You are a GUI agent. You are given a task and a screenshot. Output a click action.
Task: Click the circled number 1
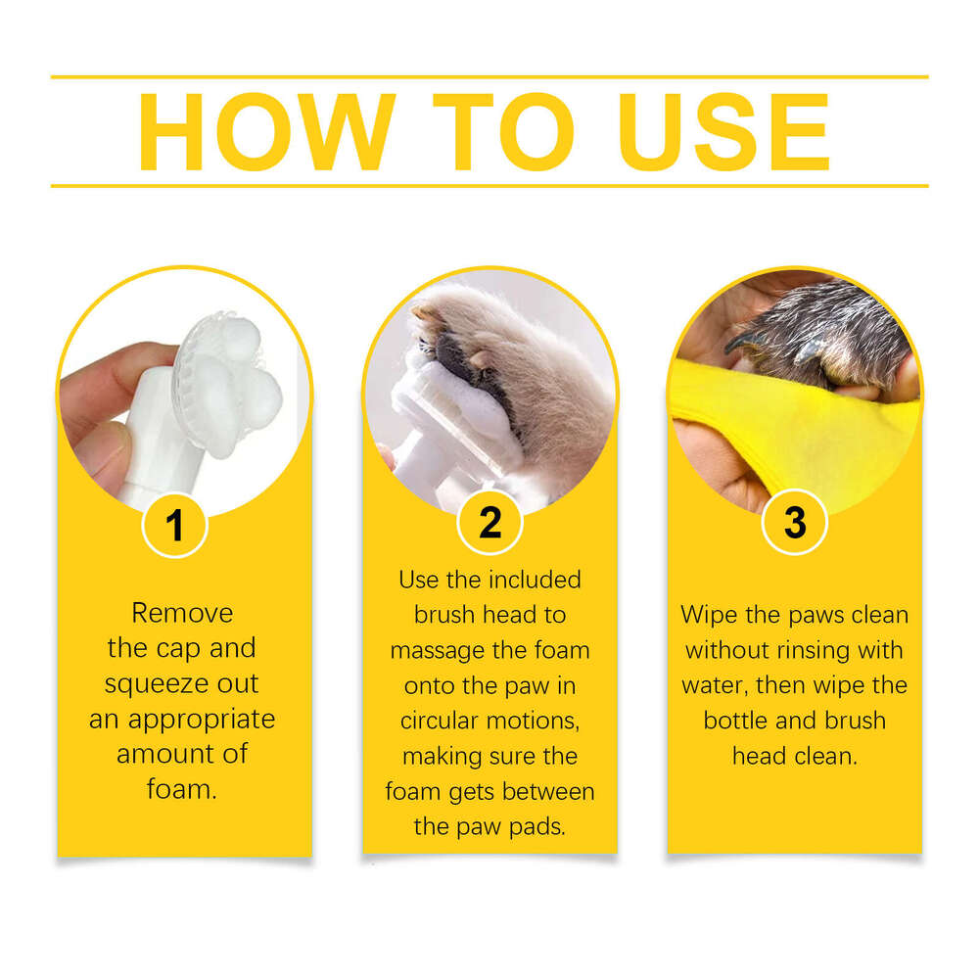174,526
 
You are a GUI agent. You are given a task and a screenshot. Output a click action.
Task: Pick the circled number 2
489,524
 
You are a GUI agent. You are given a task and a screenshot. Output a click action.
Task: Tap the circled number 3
794,524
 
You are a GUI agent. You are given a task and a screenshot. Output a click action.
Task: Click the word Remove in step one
183,614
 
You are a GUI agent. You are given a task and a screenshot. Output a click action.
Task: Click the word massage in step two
436,650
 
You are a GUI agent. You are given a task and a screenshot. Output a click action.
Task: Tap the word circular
442,721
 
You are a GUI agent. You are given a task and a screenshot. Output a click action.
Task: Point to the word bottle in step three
738,721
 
